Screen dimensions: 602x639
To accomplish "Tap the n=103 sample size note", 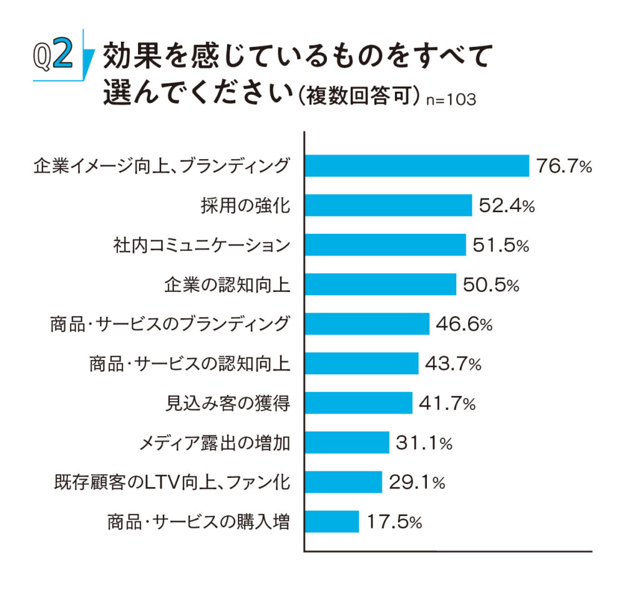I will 451,100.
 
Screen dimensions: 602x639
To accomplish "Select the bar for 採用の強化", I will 388,205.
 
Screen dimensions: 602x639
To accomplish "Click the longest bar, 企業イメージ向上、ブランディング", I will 416,166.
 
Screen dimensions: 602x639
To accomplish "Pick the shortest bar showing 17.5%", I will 331,521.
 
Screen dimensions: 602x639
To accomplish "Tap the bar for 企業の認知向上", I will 380,284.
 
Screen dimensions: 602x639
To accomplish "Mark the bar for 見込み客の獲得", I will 358,403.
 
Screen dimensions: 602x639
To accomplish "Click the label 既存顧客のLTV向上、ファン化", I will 172,482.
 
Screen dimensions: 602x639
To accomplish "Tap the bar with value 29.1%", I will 343,482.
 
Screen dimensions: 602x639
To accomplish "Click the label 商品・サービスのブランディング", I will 170,324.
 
